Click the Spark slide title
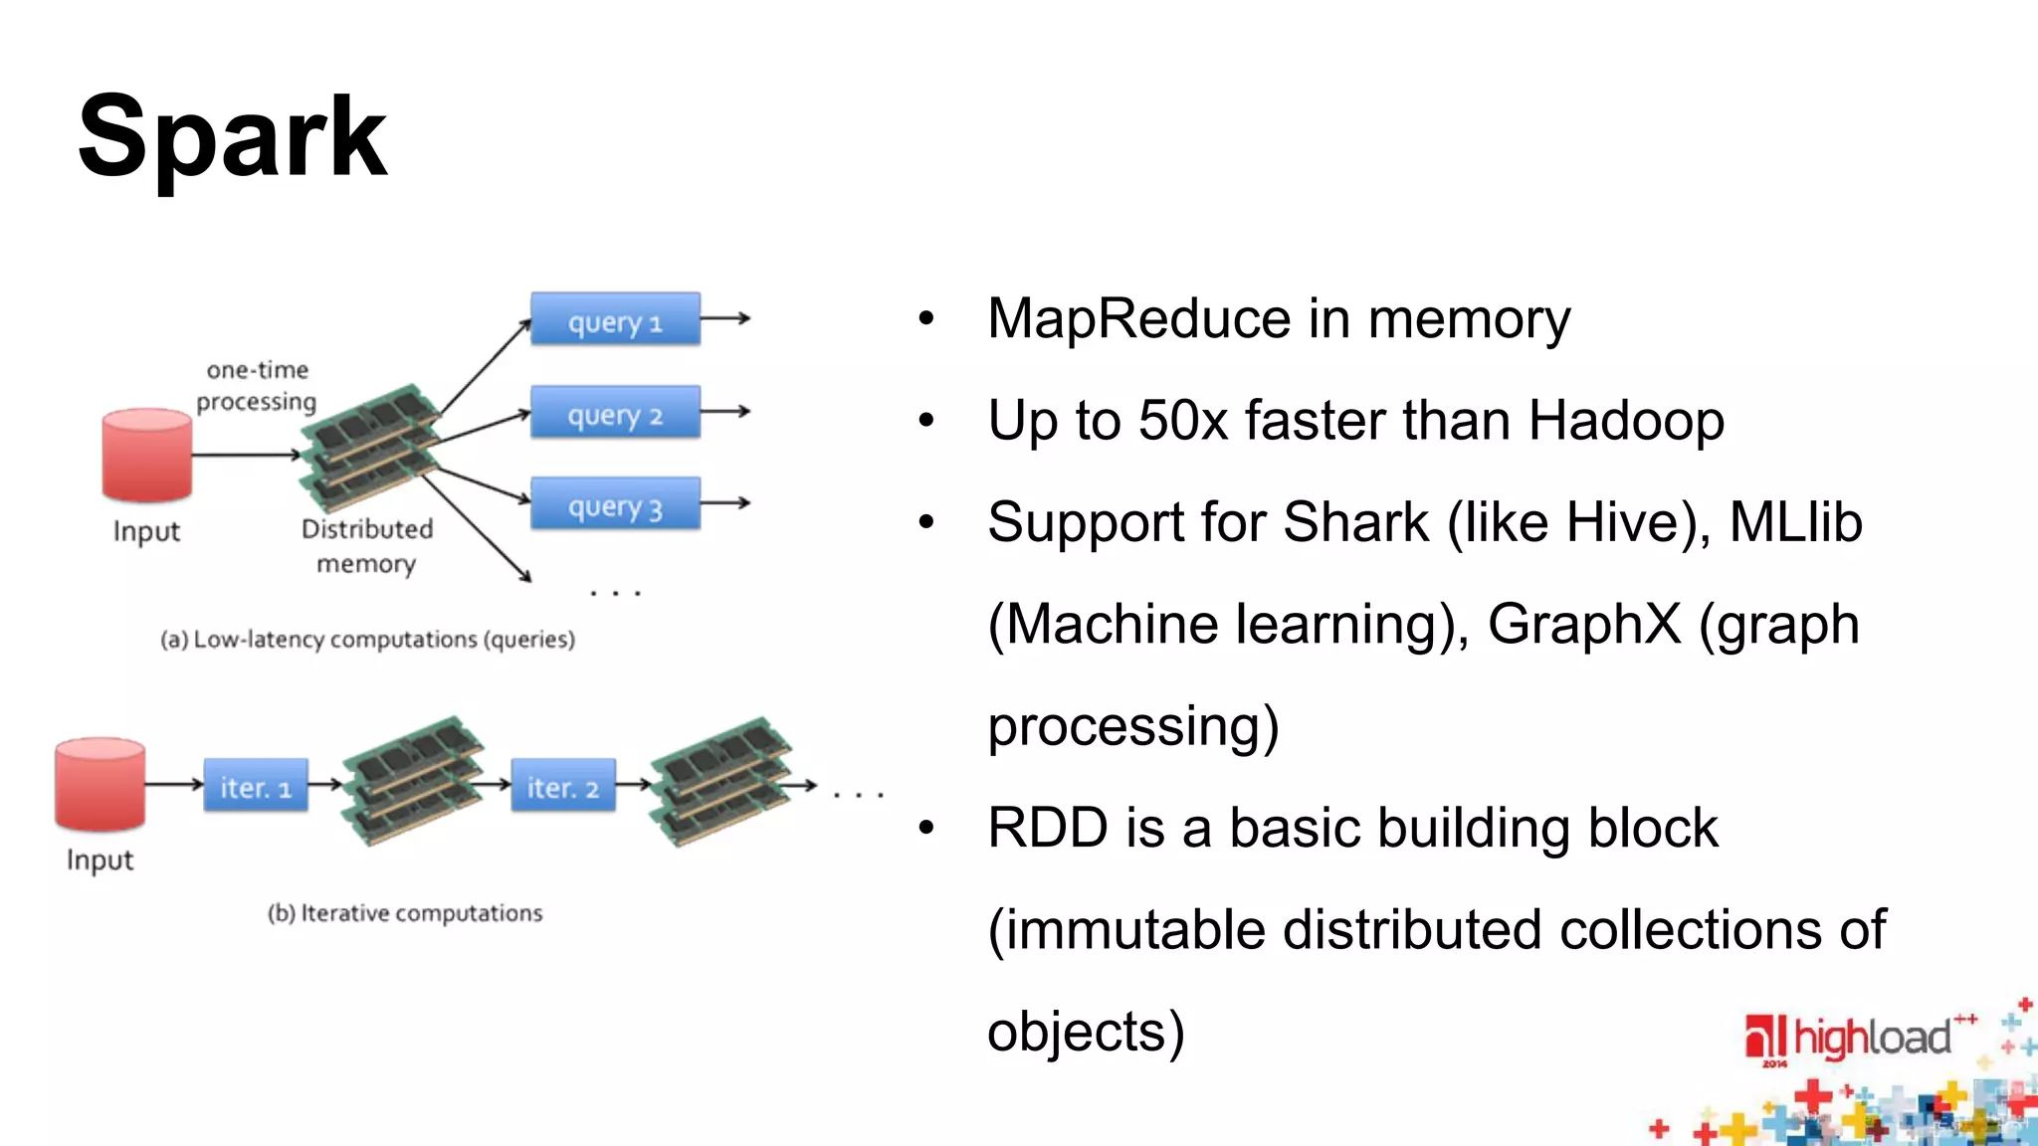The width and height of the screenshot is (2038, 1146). point(232,137)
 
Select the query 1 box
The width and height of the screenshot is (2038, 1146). point(615,319)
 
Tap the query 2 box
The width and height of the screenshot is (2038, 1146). point(615,412)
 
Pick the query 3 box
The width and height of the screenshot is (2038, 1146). point(615,504)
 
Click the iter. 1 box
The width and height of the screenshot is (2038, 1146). point(256,786)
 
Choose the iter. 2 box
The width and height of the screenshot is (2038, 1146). point(563,786)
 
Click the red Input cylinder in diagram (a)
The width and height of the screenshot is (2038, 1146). point(146,455)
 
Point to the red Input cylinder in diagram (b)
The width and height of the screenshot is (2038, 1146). point(100,784)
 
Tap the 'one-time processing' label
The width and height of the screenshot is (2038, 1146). point(257,386)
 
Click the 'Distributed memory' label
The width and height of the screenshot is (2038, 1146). point(366,546)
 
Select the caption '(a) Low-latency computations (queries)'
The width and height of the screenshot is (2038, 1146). point(367,639)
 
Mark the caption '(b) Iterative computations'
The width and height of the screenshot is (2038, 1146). point(405,913)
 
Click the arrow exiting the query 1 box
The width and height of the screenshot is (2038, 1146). point(726,318)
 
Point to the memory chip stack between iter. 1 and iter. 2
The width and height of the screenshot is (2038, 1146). point(412,781)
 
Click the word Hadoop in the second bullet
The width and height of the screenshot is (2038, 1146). point(1626,421)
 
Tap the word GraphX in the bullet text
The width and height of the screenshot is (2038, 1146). point(1583,625)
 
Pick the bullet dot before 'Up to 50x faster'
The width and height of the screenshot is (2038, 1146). point(926,421)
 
